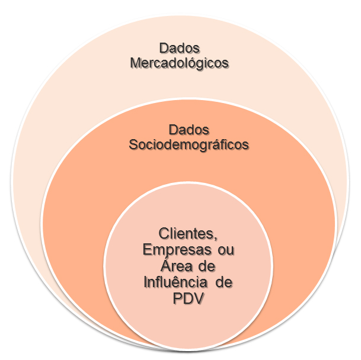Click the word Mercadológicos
coord(178,63)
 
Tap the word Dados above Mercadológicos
coord(178,47)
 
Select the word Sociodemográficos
coord(189,144)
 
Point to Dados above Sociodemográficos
coord(189,128)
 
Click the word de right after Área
coord(208,266)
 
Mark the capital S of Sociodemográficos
coord(133,144)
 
